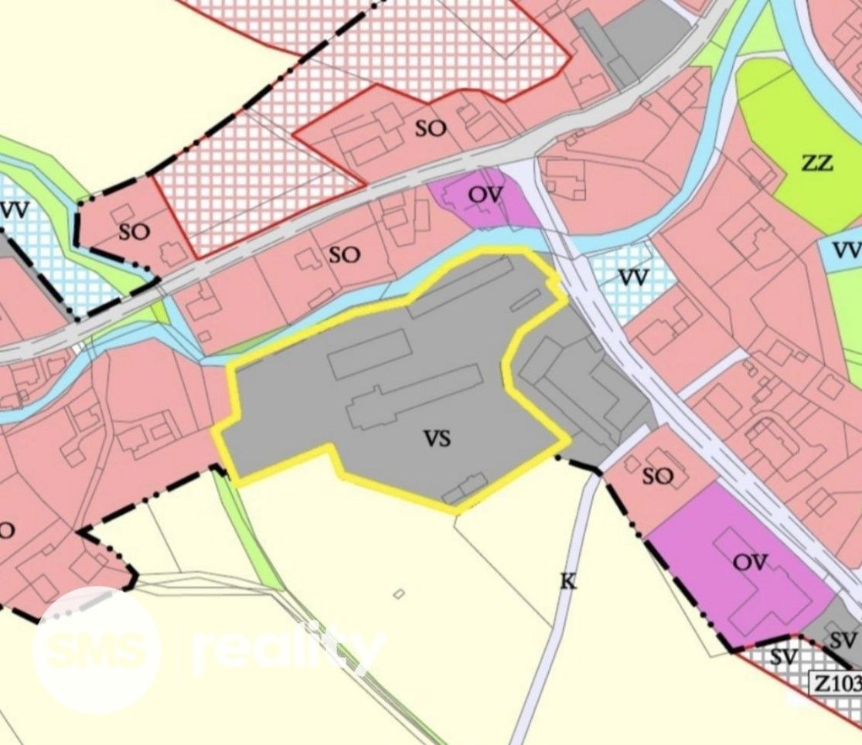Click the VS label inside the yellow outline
pyautogui.click(x=436, y=440)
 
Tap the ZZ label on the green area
pyautogui.click(x=817, y=164)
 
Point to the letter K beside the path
pyautogui.click(x=568, y=581)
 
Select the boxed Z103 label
pyautogui.click(x=836, y=683)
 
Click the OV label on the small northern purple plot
pyautogui.click(x=486, y=195)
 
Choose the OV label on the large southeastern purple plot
pyautogui.click(x=750, y=562)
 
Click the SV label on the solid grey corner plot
pyautogui.click(x=844, y=640)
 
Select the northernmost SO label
pyautogui.click(x=431, y=128)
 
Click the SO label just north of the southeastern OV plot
pyautogui.click(x=657, y=477)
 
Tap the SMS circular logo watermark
pyautogui.click(x=96, y=650)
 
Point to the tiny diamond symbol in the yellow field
pyautogui.click(x=399, y=594)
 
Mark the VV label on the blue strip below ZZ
pyautogui.click(x=847, y=250)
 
